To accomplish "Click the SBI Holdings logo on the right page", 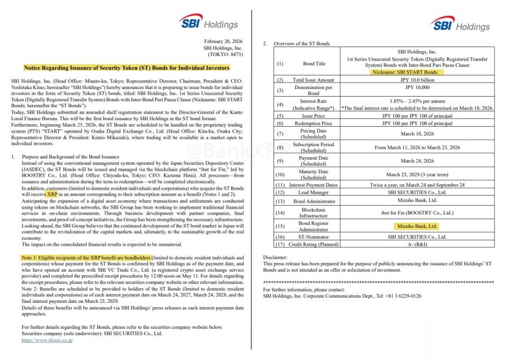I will tap(460, 25).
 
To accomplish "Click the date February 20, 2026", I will tap(220, 41).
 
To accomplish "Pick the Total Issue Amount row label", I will tap(314, 79).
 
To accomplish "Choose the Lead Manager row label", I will tap(314, 192).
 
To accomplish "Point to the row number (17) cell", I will tap(280, 243).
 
